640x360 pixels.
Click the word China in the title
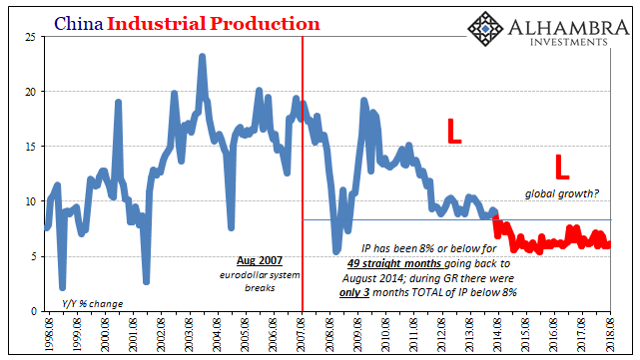pyautogui.click(x=79, y=24)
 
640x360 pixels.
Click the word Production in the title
pyautogui.click(x=265, y=24)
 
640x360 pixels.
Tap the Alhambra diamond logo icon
pyautogui.click(x=485, y=29)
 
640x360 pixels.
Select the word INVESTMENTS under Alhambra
pyautogui.click(x=569, y=42)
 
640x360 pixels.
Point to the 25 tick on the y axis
pyautogui.click(x=30, y=37)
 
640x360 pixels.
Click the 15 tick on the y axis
pyautogui.click(x=30, y=147)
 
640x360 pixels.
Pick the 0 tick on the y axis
pyautogui.click(x=33, y=311)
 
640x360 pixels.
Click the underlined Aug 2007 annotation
pyautogui.click(x=260, y=260)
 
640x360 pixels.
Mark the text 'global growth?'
pyautogui.click(x=562, y=193)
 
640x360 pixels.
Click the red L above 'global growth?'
pyautogui.click(x=562, y=167)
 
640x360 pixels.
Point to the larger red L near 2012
pyautogui.click(x=454, y=131)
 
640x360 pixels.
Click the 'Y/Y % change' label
pyautogui.click(x=92, y=304)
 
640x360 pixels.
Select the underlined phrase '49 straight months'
pyautogui.click(x=395, y=263)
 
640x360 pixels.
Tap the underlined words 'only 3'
pyautogui.click(x=354, y=292)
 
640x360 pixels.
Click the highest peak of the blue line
pyautogui.click(x=202, y=57)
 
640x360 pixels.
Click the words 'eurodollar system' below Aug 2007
pyautogui.click(x=260, y=275)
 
